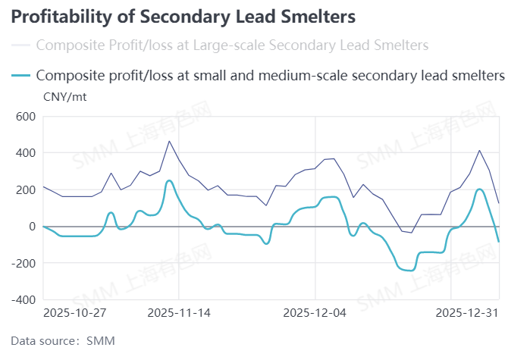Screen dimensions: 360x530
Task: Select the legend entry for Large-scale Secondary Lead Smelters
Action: click(x=231, y=45)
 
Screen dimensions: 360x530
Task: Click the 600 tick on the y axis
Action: click(x=26, y=117)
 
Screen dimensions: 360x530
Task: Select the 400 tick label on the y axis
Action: click(x=26, y=153)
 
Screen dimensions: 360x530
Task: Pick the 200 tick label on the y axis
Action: click(x=26, y=189)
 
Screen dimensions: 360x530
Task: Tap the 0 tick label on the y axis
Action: click(x=33, y=227)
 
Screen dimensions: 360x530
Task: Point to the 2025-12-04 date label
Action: click(x=314, y=312)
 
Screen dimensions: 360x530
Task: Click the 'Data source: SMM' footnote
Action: click(x=63, y=341)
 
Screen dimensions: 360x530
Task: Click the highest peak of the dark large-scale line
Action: click(x=169, y=141)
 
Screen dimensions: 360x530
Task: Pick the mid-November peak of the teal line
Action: click(x=169, y=180)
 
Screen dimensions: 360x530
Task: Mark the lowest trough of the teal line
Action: click(x=409, y=270)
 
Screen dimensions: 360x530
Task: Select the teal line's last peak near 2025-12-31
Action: click(x=480, y=189)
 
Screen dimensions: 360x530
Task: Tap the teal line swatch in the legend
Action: click(x=21, y=75)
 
